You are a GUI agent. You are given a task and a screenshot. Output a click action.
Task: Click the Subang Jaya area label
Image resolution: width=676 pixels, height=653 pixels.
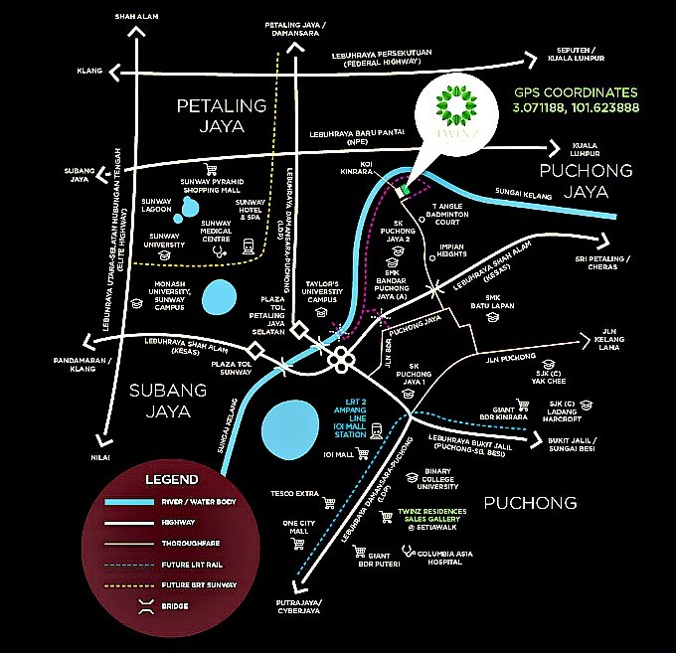[x=167, y=401]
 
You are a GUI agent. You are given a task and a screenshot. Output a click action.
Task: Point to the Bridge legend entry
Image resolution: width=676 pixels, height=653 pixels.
[x=176, y=605]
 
